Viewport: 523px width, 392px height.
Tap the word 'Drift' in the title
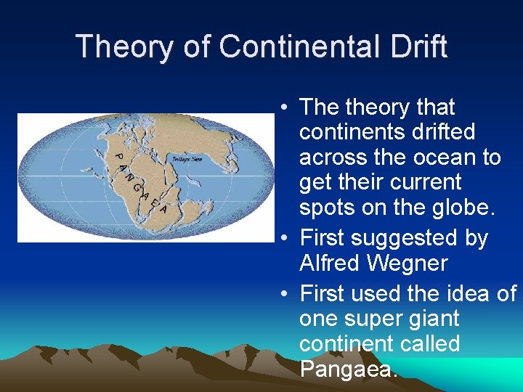421,46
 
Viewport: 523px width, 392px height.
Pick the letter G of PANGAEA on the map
136,187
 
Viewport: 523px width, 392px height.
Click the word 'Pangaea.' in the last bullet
349,369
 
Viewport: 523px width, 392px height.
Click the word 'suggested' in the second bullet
418,238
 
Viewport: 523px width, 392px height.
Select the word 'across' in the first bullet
331,158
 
